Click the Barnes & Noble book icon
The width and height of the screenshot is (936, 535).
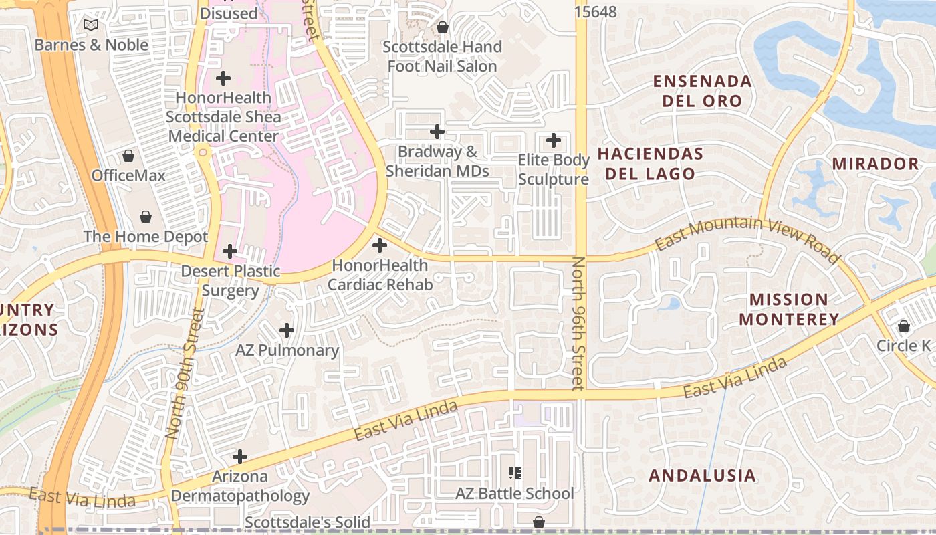pyautogui.click(x=91, y=25)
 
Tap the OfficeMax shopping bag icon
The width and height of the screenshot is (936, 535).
pyautogui.click(x=128, y=156)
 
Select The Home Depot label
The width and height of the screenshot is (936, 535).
pyautogui.click(x=146, y=237)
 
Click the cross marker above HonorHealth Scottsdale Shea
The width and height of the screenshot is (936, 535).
pyautogui.click(x=223, y=78)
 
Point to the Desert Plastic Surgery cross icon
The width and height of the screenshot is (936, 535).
pyautogui.click(x=230, y=251)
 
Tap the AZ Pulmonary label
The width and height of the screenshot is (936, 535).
pyautogui.click(x=287, y=350)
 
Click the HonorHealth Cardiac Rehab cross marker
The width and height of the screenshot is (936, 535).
pyautogui.click(x=380, y=245)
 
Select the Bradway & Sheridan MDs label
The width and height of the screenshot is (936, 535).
pyautogui.click(x=437, y=161)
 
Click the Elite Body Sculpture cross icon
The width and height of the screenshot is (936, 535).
pyautogui.click(x=554, y=140)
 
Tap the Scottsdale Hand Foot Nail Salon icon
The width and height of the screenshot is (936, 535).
pyautogui.click(x=442, y=27)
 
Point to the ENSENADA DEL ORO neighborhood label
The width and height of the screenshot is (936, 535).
pyautogui.click(x=702, y=91)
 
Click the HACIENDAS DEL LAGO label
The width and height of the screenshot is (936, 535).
pyautogui.click(x=650, y=164)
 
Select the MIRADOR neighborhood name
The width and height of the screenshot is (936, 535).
pyautogui.click(x=876, y=164)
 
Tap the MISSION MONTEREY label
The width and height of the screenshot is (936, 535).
pyautogui.click(x=789, y=309)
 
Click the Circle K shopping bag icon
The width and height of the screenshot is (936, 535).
pyautogui.click(x=904, y=326)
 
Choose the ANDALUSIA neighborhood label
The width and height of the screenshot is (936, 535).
pyautogui.click(x=703, y=475)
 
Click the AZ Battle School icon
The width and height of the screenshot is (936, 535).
pyautogui.click(x=515, y=473)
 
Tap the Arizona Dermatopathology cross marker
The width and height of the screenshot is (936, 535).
pyautogui.click(x=240, y=457)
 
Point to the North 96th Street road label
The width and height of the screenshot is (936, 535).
pyautogui.click(x=578, y=322)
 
